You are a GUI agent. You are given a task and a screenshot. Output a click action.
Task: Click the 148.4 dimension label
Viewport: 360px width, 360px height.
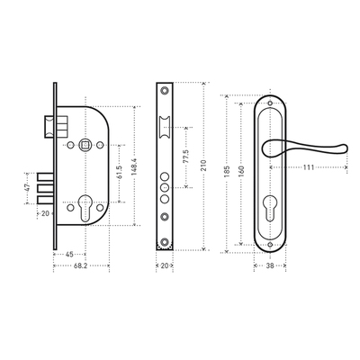(134, 166)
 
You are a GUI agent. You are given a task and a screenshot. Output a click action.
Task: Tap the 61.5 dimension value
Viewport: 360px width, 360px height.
(119, 173)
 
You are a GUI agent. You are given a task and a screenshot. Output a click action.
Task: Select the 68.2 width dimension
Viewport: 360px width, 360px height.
(80, 265)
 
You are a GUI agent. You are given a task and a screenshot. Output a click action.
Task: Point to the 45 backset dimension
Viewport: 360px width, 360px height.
(69, 255)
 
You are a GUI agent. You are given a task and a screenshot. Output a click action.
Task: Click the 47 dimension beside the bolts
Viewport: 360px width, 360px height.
(27, 188)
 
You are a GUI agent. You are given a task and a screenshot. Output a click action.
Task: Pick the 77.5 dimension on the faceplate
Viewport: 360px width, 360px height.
(185, 157)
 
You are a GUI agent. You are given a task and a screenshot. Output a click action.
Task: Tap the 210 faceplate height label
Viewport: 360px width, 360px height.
(203, 166)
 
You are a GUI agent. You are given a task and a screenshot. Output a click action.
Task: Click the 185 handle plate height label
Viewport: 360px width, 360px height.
(227, 172)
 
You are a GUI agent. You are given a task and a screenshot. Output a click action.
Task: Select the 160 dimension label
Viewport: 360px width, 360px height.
(241, 171)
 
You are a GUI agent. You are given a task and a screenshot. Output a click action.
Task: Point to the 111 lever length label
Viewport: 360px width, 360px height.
(309, 167)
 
